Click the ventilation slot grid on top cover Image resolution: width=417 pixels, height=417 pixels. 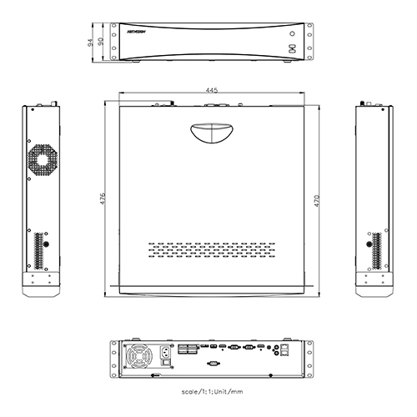tap(213, 248)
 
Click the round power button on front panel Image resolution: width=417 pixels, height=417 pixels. tap(293, 34)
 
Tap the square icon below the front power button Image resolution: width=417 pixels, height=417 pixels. tap(293, 48)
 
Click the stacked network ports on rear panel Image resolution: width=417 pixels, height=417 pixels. tap(286, 349)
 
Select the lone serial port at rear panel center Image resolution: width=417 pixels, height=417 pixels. tap(213, 364)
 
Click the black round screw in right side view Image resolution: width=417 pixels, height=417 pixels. tap(370, 244)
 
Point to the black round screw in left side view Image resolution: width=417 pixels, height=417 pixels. tap(45, 244)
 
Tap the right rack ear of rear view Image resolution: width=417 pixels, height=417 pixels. tap(307, 356)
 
